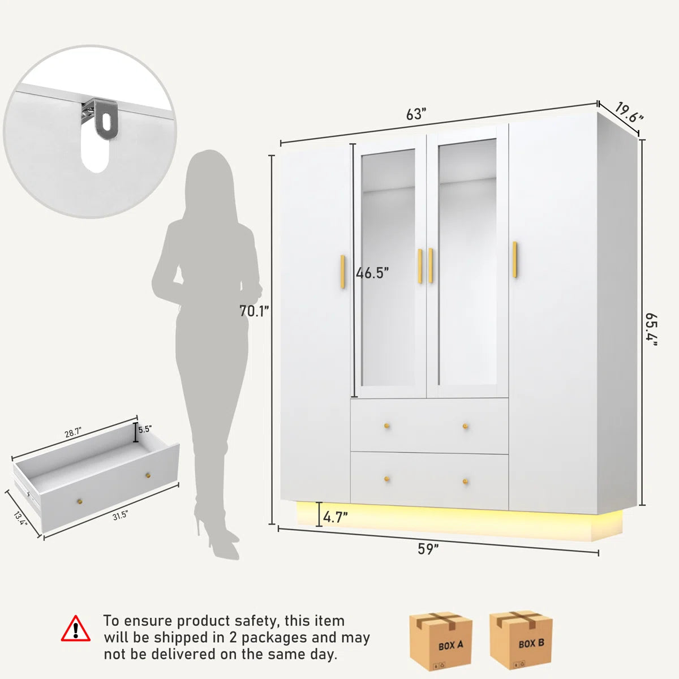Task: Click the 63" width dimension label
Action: (416, 114)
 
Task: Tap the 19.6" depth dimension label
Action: (629, 113)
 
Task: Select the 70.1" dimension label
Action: (254, 311)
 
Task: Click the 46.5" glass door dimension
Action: (372, 273)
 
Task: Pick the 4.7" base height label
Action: (335, 517)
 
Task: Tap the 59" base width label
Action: (428, 549)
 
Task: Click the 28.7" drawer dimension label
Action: (73, 432)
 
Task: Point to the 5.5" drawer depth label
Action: (144, 429)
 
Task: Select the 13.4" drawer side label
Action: (20, 518)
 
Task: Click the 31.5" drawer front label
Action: (120, 516)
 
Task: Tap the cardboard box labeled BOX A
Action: (440, 641)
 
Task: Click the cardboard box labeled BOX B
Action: (521, 641)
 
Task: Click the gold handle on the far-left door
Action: (342, 272)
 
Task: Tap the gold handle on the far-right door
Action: (515, 259)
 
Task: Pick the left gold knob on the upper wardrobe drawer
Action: (387, 426)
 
